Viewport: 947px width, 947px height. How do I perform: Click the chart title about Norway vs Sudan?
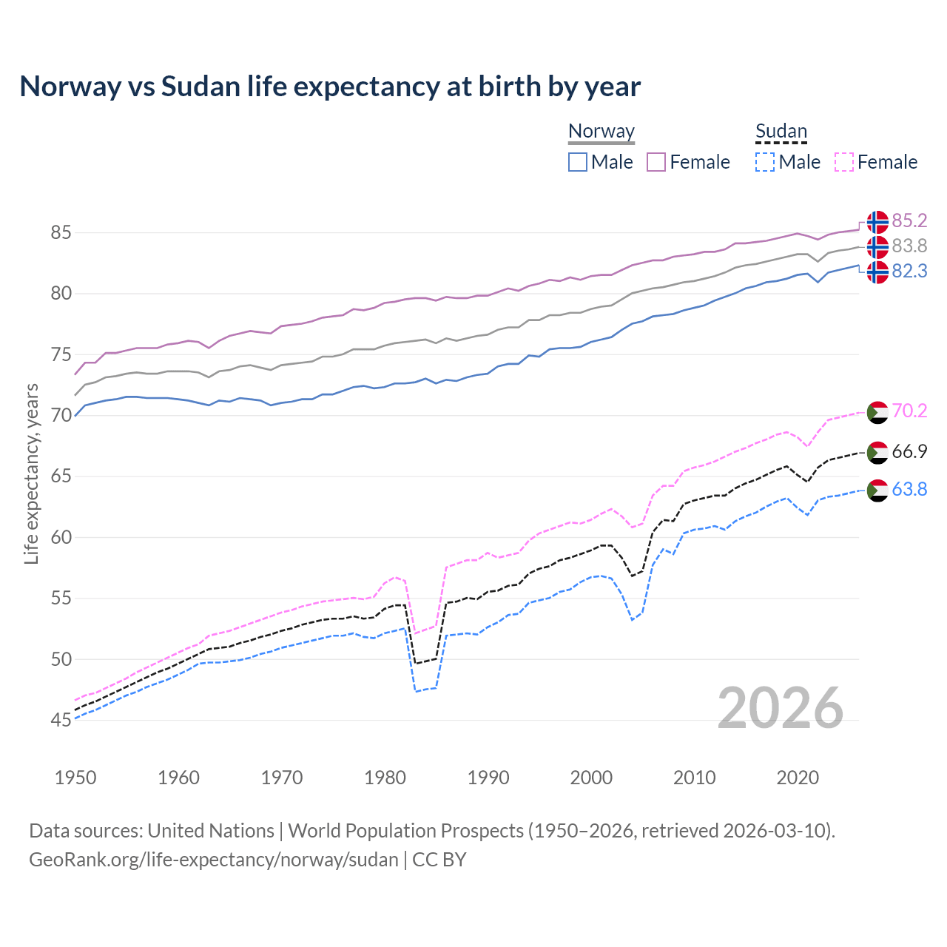point(330,87)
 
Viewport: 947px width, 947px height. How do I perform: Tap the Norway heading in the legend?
point(601,132)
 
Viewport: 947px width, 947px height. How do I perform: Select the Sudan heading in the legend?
point(781,132)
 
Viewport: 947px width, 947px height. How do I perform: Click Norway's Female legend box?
point(657,162)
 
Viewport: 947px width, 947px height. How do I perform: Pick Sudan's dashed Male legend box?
point(765,162)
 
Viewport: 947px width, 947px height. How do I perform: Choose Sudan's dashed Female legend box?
point(844,162)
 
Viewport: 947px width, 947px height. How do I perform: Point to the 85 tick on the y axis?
point(61,233)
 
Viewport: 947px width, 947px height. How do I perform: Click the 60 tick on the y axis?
point(61,537)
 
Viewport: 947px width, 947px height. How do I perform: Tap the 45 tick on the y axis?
point(61,720)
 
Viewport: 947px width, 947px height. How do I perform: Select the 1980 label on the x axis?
point(385,778)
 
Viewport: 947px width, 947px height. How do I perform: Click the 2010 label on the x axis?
point(694,778)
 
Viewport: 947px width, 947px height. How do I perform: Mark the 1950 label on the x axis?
point(75,778)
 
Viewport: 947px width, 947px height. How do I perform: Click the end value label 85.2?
point(909,221)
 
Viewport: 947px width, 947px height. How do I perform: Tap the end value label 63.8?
point(909,490)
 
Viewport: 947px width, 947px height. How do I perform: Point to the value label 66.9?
point(909,452)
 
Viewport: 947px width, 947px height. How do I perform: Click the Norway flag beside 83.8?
point(877,246)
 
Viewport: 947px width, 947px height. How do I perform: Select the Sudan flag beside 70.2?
point(877,412)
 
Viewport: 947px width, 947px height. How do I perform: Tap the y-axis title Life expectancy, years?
point(31,473)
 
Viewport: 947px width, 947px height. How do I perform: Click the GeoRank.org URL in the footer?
point(213,860)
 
